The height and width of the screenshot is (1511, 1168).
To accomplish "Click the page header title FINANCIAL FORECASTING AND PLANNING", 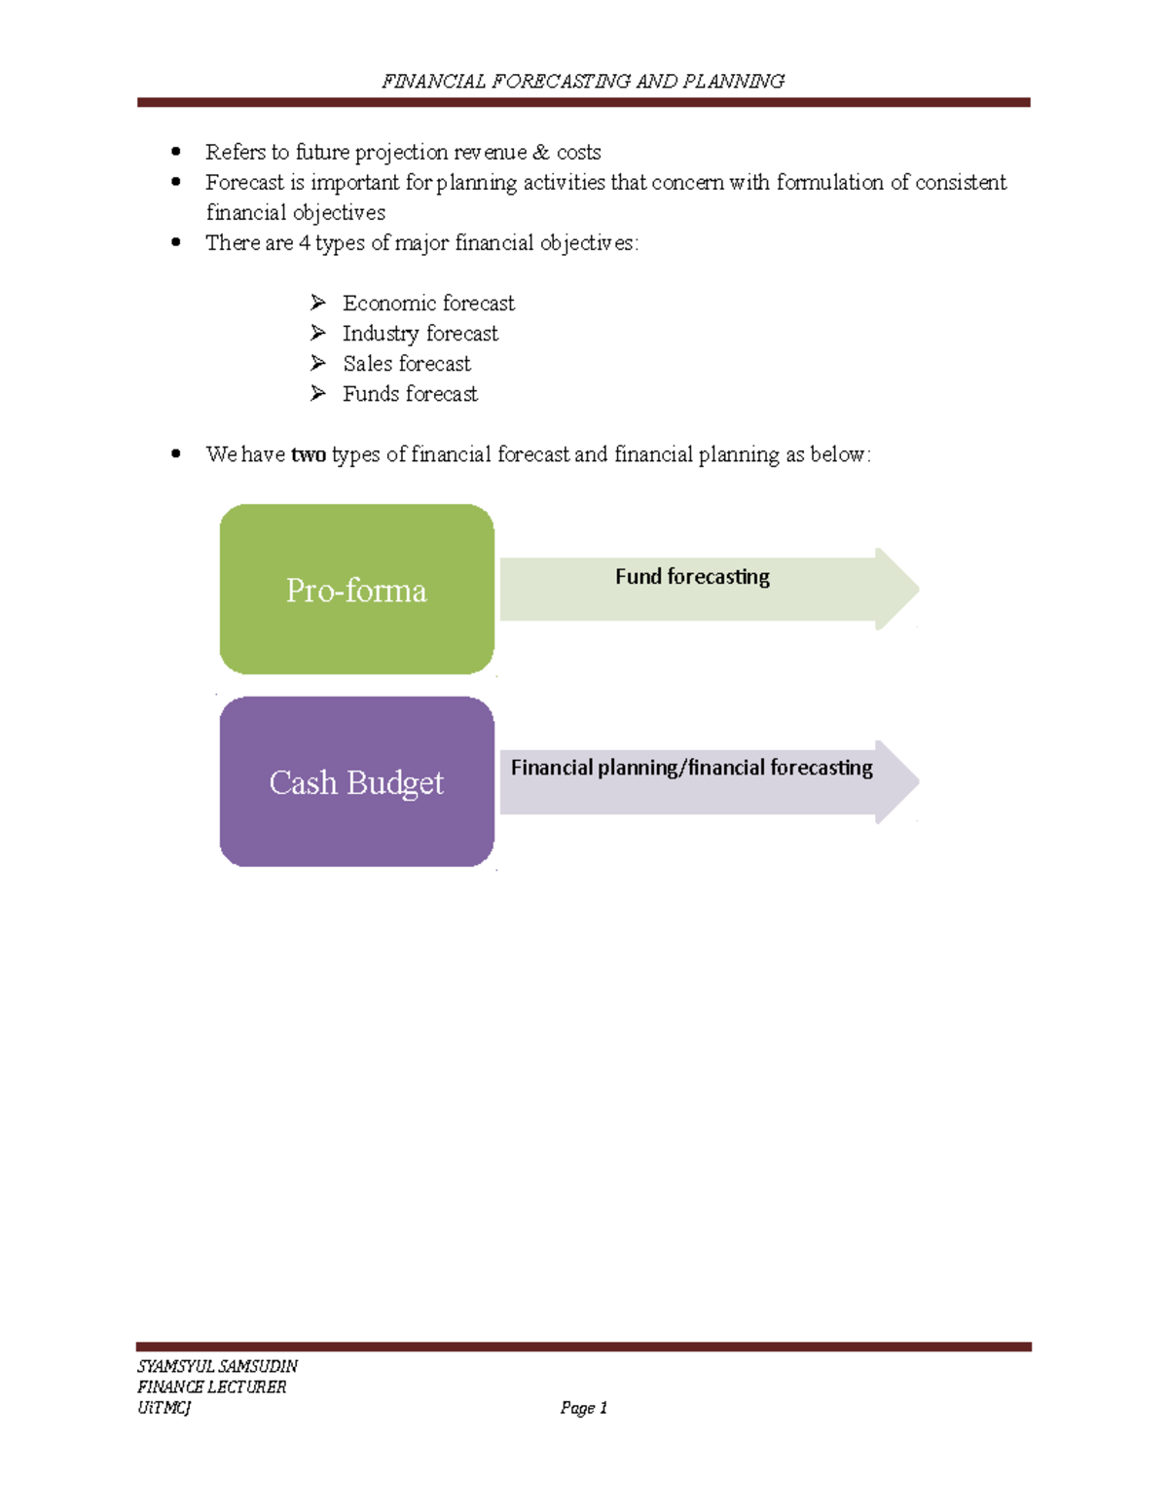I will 582,81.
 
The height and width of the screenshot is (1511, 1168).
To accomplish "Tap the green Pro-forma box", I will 356,590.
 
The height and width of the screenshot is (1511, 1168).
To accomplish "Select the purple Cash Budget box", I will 356,782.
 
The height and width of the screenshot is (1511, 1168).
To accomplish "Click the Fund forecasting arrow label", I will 692,577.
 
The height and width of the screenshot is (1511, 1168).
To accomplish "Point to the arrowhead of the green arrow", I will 897,589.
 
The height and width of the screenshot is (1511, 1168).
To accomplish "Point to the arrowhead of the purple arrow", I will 897,781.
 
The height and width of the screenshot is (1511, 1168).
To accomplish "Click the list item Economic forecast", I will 428,304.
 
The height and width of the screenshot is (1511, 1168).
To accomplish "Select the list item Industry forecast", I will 420,334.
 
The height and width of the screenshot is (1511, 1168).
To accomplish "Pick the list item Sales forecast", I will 406,364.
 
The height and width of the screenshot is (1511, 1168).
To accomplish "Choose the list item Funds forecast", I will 410,394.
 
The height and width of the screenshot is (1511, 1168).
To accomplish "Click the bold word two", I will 309,454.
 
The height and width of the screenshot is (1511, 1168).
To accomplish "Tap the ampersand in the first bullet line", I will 541,153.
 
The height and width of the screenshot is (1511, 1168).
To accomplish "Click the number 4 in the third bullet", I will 305,243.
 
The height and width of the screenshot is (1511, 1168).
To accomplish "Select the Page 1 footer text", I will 584,1408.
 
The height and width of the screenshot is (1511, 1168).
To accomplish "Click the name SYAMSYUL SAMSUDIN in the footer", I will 217,1366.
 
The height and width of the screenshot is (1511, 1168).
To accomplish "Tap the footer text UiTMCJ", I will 164,1408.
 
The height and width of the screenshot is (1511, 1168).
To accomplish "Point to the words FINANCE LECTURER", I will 211,1387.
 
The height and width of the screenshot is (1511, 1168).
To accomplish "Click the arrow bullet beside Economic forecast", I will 317,304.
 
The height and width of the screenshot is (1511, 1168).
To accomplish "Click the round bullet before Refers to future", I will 176,152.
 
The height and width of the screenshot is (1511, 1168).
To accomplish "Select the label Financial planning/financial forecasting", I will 691,768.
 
